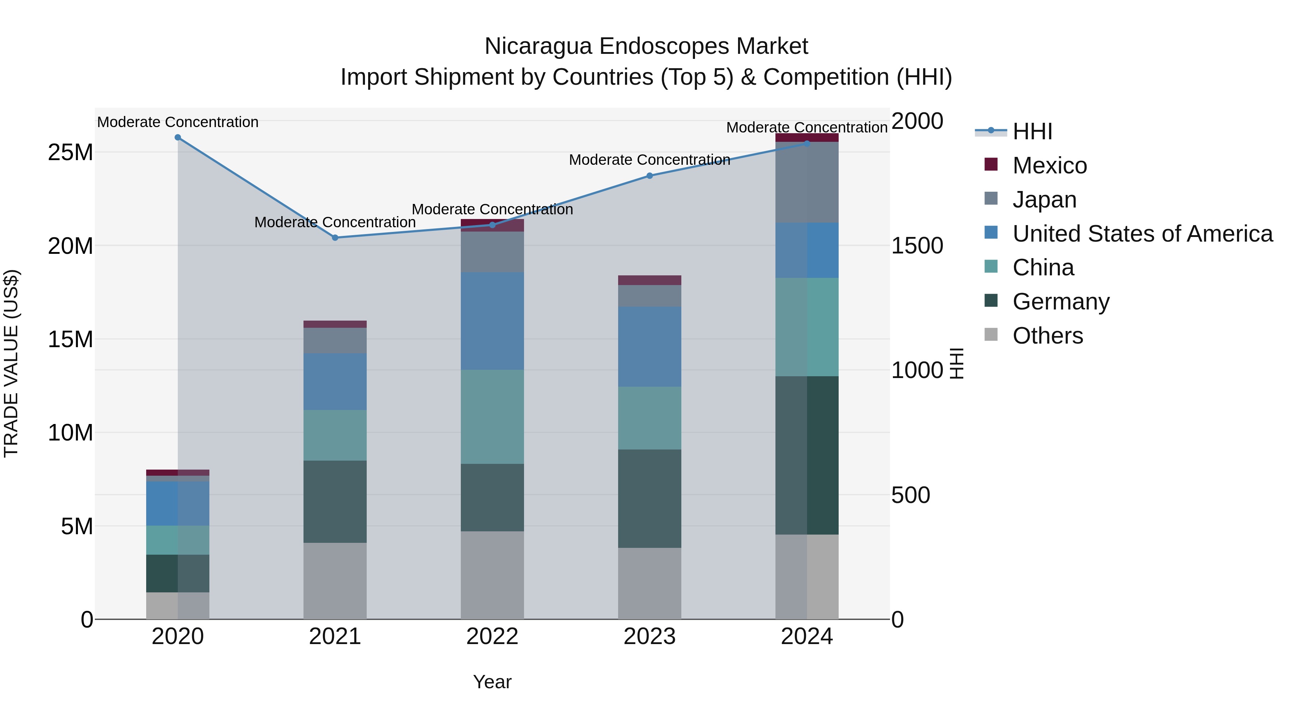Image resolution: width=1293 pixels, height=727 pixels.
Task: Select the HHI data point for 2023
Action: click(x=649, y=176)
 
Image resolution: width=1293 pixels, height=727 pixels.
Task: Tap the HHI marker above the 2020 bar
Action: click(x=178, y=138)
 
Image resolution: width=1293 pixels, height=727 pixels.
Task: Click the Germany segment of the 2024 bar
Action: click(x=807, y=455)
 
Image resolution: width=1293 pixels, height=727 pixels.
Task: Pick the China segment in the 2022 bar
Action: click(x=492, y=417)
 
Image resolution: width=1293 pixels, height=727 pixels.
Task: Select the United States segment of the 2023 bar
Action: click(x=649, y=347)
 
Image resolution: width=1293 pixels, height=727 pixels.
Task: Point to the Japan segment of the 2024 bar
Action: click(x=807, y=182)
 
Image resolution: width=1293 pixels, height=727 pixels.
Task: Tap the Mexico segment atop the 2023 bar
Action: click(x=649, y=280)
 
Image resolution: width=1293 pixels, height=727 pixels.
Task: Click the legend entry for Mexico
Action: click(x=1049, y=166)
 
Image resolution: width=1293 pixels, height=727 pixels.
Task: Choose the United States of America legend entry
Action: click(x=1142, y=234)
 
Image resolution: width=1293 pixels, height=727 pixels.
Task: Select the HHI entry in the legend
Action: click(x=1032, y=131)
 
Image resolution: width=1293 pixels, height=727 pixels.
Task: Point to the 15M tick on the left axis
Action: click(x=70, y=339)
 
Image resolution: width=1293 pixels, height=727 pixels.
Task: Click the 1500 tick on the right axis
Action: click(x=917, y=246)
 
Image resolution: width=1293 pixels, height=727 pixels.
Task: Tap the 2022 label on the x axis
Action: click(x=492, y=637)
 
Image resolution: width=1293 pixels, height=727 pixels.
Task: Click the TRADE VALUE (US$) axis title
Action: click(x=11, y=363)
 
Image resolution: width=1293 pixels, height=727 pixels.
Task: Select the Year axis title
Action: click(x=492, y=682)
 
